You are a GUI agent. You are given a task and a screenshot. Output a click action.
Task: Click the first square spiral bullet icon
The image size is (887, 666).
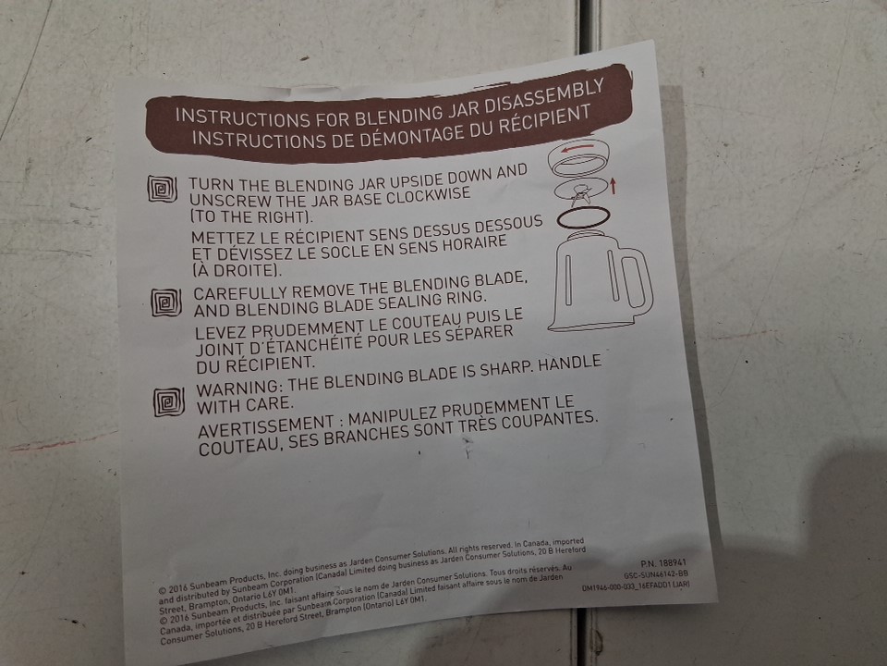coord(162,188)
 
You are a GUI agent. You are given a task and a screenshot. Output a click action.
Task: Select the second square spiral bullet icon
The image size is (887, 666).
coord(166,302)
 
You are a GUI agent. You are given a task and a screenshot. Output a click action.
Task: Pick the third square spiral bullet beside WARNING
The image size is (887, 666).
coord(169,401)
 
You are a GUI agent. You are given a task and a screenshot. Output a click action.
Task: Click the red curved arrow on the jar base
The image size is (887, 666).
coord(577,149)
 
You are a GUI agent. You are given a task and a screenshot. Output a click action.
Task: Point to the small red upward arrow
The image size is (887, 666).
coord(613,186)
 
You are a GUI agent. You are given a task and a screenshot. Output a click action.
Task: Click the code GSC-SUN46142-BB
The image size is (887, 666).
coord(656,574)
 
